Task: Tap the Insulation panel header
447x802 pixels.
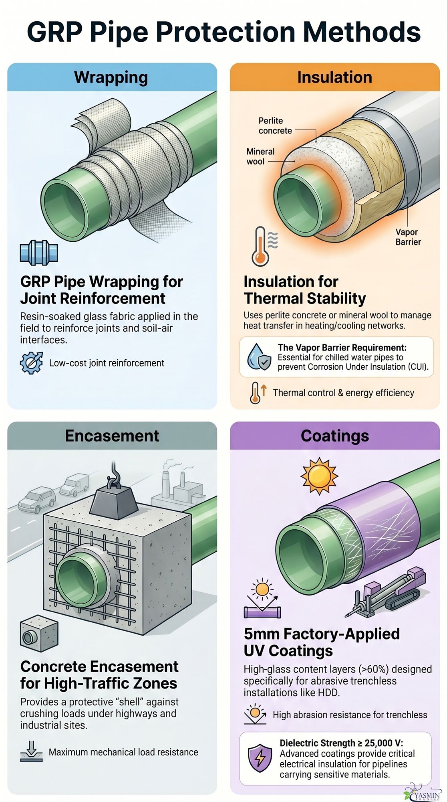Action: pyautogui.click(x=334, y=77)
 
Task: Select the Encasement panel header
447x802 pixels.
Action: pyautogui.click(x=112, y=436)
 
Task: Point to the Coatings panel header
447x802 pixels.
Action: pyautogui.click(x=334, y=436)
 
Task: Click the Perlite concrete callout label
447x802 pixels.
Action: pyautogui.click(x=275, y=126)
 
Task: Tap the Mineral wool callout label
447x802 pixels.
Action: pyautogui.click(x=260, y=156)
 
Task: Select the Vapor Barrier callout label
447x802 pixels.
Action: pyautogui.click(x=408, y=237)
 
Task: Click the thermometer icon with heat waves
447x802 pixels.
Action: pyautogui.click(x=262, y=246)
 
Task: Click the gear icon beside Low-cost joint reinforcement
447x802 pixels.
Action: pyautogui.click(x=31, y=363)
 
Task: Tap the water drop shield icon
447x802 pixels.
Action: pyautogui.click(x=259, y=356)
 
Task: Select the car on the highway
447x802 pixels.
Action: pyautogui.click(x=37, y=499)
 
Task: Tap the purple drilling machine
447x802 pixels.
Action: pyautogui.click(x=385, y=591)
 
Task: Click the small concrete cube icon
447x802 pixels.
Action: pyautogui.click(x=39, y=634)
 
